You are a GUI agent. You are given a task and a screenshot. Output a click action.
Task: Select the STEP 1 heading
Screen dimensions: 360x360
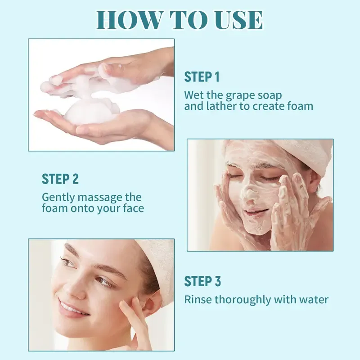tap(202, 77)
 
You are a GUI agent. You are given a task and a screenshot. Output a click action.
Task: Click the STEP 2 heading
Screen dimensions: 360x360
tap(60, 179)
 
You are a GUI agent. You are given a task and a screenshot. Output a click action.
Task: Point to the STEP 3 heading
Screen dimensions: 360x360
tap(202, 281)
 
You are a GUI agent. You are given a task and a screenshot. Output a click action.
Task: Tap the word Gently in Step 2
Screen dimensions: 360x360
tap(58, 198)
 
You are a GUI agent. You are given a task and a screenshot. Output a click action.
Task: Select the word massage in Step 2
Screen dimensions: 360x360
tap(100, 198)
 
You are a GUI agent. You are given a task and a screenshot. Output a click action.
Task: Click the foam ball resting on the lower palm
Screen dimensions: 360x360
tap(92, 112)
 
